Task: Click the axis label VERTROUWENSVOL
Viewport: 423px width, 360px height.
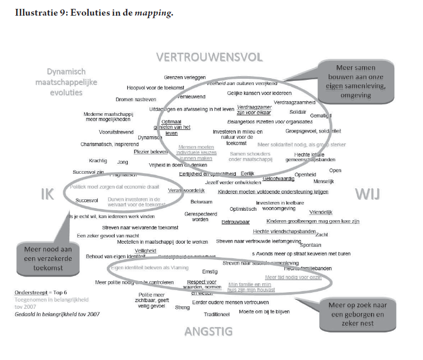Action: point(209,57)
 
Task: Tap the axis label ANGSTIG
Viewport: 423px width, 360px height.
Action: point(209,331)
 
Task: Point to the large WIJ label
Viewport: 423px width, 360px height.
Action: point(368,195)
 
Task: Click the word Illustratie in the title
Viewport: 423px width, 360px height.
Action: point(33,14)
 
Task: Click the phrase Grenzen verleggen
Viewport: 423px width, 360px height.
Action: point(185,77)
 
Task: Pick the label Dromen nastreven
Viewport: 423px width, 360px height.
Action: point(136,99)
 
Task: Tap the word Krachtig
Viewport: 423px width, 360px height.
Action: point(98,161)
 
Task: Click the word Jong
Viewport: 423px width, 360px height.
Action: point(123,162)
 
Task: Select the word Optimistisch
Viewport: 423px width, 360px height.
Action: point(243,209)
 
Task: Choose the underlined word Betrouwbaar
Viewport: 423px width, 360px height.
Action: point(236,222)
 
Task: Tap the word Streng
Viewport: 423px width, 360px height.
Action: point(182,307)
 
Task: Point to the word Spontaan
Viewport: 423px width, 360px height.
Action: point(311,245)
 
